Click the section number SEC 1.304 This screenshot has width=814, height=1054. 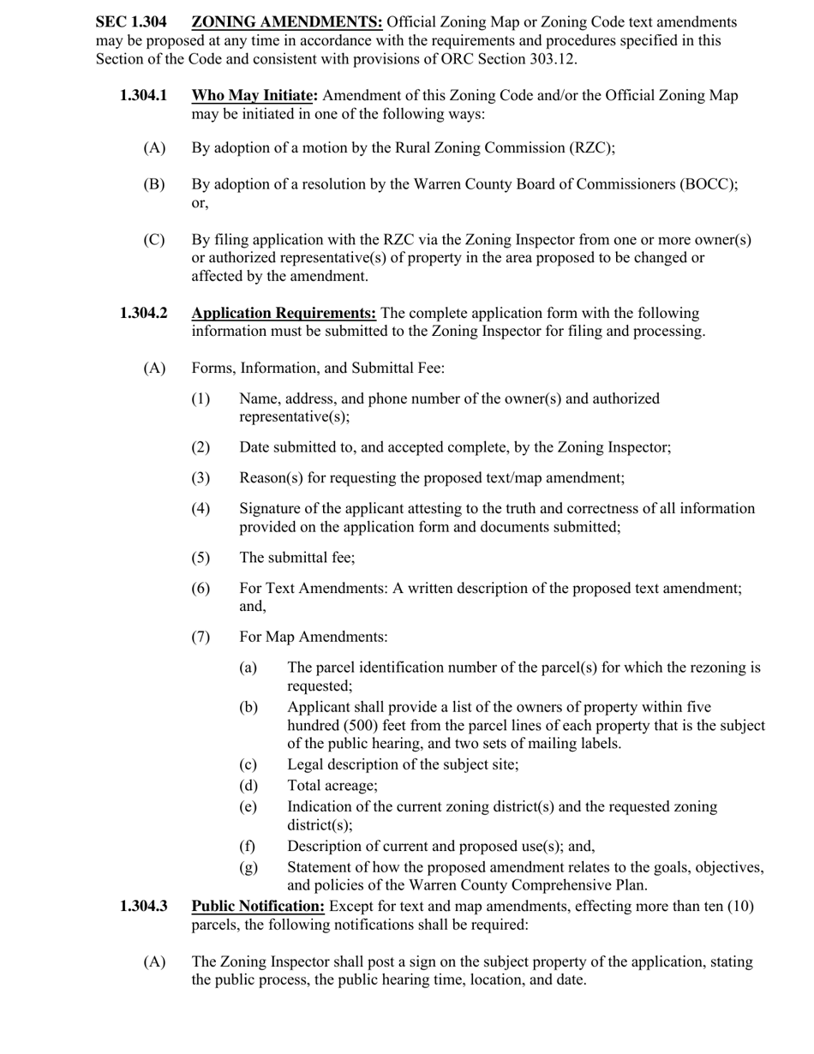tap(131, 22)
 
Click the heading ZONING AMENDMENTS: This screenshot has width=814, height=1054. tap(287, 22)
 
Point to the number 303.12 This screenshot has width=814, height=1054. tap(554, 58)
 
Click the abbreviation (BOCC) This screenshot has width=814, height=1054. tap(707, 184)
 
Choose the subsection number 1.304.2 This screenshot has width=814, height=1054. tap(144, 313)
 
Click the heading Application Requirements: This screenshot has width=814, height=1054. tap(284, 313)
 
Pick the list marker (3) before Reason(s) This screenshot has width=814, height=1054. tap(201, 477)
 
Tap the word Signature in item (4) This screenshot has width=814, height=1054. tap(271, 508)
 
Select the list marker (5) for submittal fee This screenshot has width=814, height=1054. tap(201, 557)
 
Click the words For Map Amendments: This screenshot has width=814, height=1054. tap(314, 637)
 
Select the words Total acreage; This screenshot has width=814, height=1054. tap(332, 784)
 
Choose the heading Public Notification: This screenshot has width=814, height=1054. tap(258, 906)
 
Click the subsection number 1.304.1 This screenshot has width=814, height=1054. tap(144, 95)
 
